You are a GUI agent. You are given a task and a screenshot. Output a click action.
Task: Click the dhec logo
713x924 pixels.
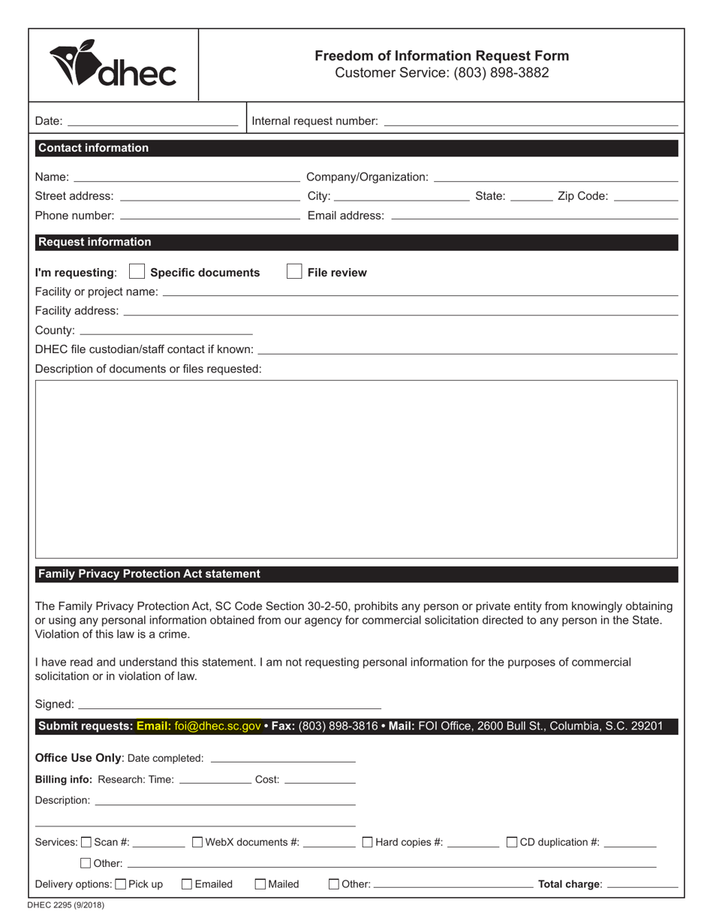pos(113,65)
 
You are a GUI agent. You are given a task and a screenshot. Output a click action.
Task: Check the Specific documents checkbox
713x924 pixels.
pos(137,272)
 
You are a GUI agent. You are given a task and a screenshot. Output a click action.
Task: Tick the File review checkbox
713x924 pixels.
pos(294,272)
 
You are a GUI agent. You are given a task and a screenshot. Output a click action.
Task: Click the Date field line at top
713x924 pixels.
pos(152,120)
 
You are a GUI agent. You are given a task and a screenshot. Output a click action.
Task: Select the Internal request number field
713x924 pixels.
pos(531,120)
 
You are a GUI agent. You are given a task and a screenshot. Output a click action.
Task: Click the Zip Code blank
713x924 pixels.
pos(645,196)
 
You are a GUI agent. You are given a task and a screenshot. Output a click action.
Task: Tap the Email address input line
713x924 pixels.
pos(534,216)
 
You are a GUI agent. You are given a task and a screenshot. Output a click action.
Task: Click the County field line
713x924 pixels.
pos(166,330)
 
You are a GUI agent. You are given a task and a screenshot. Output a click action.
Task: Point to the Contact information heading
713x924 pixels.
pos(93,148)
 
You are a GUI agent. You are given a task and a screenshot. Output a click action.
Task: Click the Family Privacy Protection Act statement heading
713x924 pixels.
pos(149,574)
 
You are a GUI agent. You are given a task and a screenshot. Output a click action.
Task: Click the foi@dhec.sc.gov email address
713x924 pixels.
pos(218,726)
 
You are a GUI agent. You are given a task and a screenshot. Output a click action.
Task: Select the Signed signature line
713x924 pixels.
pos(229,705)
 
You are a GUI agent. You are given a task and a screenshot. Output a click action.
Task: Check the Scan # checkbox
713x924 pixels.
pos(86,842)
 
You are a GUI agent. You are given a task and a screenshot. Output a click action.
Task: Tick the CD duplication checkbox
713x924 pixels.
pos(512,842)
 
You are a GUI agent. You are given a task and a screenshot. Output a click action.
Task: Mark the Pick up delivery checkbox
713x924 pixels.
pos(121,884)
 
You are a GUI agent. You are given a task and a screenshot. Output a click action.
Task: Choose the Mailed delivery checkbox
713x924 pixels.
pos(260,884)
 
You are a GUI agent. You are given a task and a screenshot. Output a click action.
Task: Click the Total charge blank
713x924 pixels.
pos(642,884)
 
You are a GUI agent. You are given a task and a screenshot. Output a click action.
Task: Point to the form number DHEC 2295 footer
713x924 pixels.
pos(66,905)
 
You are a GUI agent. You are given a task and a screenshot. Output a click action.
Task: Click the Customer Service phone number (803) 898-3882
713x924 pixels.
pos(501,73)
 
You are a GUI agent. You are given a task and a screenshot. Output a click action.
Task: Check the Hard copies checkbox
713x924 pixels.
pos(368,842)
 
